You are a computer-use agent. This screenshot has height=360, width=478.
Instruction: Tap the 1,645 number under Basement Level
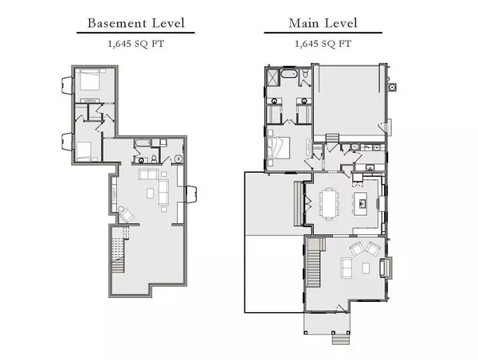(119, 44)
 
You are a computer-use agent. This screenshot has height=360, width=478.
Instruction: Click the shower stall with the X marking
(272, 77)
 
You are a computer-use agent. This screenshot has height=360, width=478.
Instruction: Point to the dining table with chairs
(328, 204)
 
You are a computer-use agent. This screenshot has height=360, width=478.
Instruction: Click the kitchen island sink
(362, 203)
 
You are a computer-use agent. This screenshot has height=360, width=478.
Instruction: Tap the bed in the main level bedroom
(278, 147)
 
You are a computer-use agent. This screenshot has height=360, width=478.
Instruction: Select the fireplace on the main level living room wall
(386, 268)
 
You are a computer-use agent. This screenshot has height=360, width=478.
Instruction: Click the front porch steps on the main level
(340, 339)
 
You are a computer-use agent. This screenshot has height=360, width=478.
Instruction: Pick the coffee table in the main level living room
(366, 268)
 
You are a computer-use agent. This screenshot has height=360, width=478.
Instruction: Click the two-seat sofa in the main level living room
(346, 268)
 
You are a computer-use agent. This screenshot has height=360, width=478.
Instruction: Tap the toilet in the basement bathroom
(155, 158)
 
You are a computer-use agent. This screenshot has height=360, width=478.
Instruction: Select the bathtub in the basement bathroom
(143, 143)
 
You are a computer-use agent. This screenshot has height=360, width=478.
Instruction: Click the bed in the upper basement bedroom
(88, 80)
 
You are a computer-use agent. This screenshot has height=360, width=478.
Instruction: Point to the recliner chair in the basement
(126, 214)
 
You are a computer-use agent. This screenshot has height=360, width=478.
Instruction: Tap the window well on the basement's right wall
(191, 194)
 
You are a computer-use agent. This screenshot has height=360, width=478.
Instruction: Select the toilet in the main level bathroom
(305, 75)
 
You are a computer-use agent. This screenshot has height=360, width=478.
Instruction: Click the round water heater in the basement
(178, 158)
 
